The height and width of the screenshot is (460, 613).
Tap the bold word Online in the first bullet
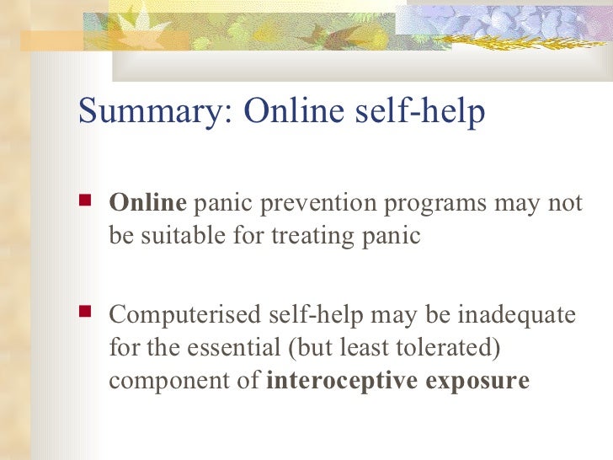[x=147, y=204]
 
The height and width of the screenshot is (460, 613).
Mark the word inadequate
[x=517, y=316]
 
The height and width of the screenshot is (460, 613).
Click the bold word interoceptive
[x=343, y=380]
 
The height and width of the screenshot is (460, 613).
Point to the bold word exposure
[x=477, y=381]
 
